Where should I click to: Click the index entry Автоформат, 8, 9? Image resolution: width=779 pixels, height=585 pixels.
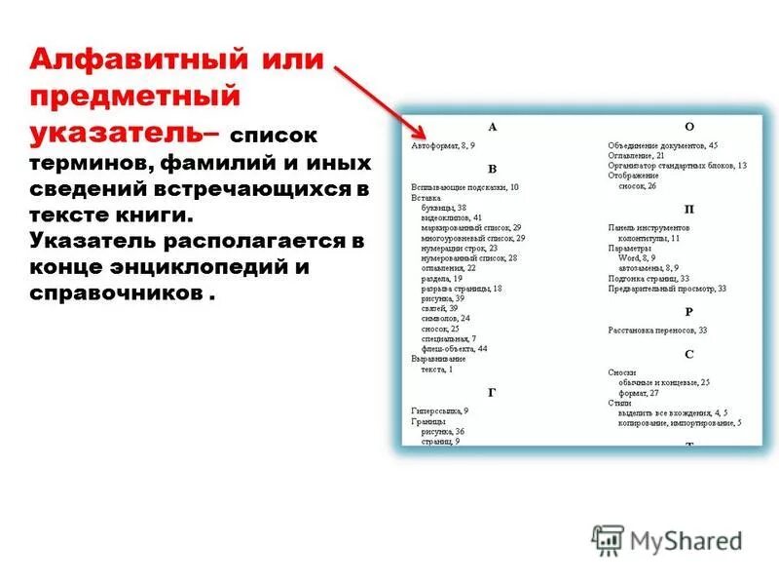[x=444, y=144]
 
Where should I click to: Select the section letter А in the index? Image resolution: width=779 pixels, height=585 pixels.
[x=492, y=127]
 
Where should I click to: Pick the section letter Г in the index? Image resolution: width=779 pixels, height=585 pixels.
[x=492, y=392]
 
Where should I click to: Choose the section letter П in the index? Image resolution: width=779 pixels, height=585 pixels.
[x=689, y=209]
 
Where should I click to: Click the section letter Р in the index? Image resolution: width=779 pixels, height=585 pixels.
[x=689, y=312]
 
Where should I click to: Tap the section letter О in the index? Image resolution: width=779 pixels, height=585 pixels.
[x=689, y=127]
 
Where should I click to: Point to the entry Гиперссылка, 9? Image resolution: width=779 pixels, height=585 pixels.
[x=440, y=410]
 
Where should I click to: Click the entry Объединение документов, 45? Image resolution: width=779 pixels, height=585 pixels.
[x=663, y=144]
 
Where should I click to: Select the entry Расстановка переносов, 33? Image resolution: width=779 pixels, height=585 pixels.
[x=658, y=331]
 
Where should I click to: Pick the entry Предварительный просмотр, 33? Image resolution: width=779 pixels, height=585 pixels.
[x=668, y=289]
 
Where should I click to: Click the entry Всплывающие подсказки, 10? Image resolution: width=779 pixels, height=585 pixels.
[x=465, y=186]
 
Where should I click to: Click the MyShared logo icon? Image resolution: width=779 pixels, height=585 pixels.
[x=608, y=539]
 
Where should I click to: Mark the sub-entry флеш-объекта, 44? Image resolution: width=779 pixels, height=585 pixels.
[x=455, y=348]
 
